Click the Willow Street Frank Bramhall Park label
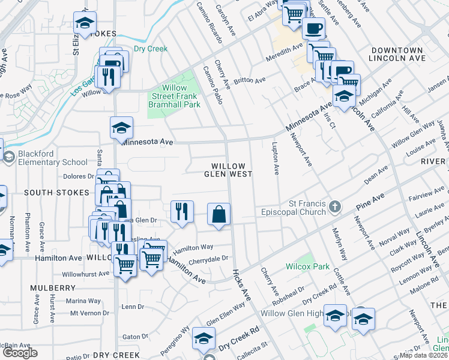click(174, 96)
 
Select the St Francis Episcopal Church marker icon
click(335, 207)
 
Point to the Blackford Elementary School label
click(52, 158)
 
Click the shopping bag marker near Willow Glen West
click(219, 214)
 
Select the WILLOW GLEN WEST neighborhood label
click(228, 170)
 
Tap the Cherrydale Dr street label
click(208, 259)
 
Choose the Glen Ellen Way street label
click(226, 313)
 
